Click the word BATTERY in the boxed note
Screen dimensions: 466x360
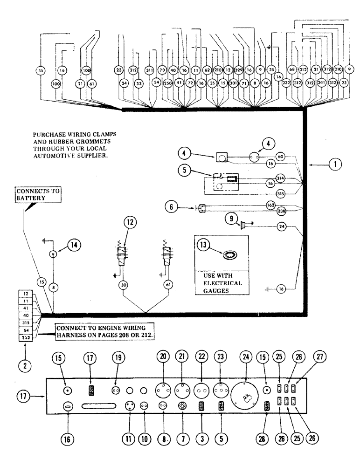click(28, 198)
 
